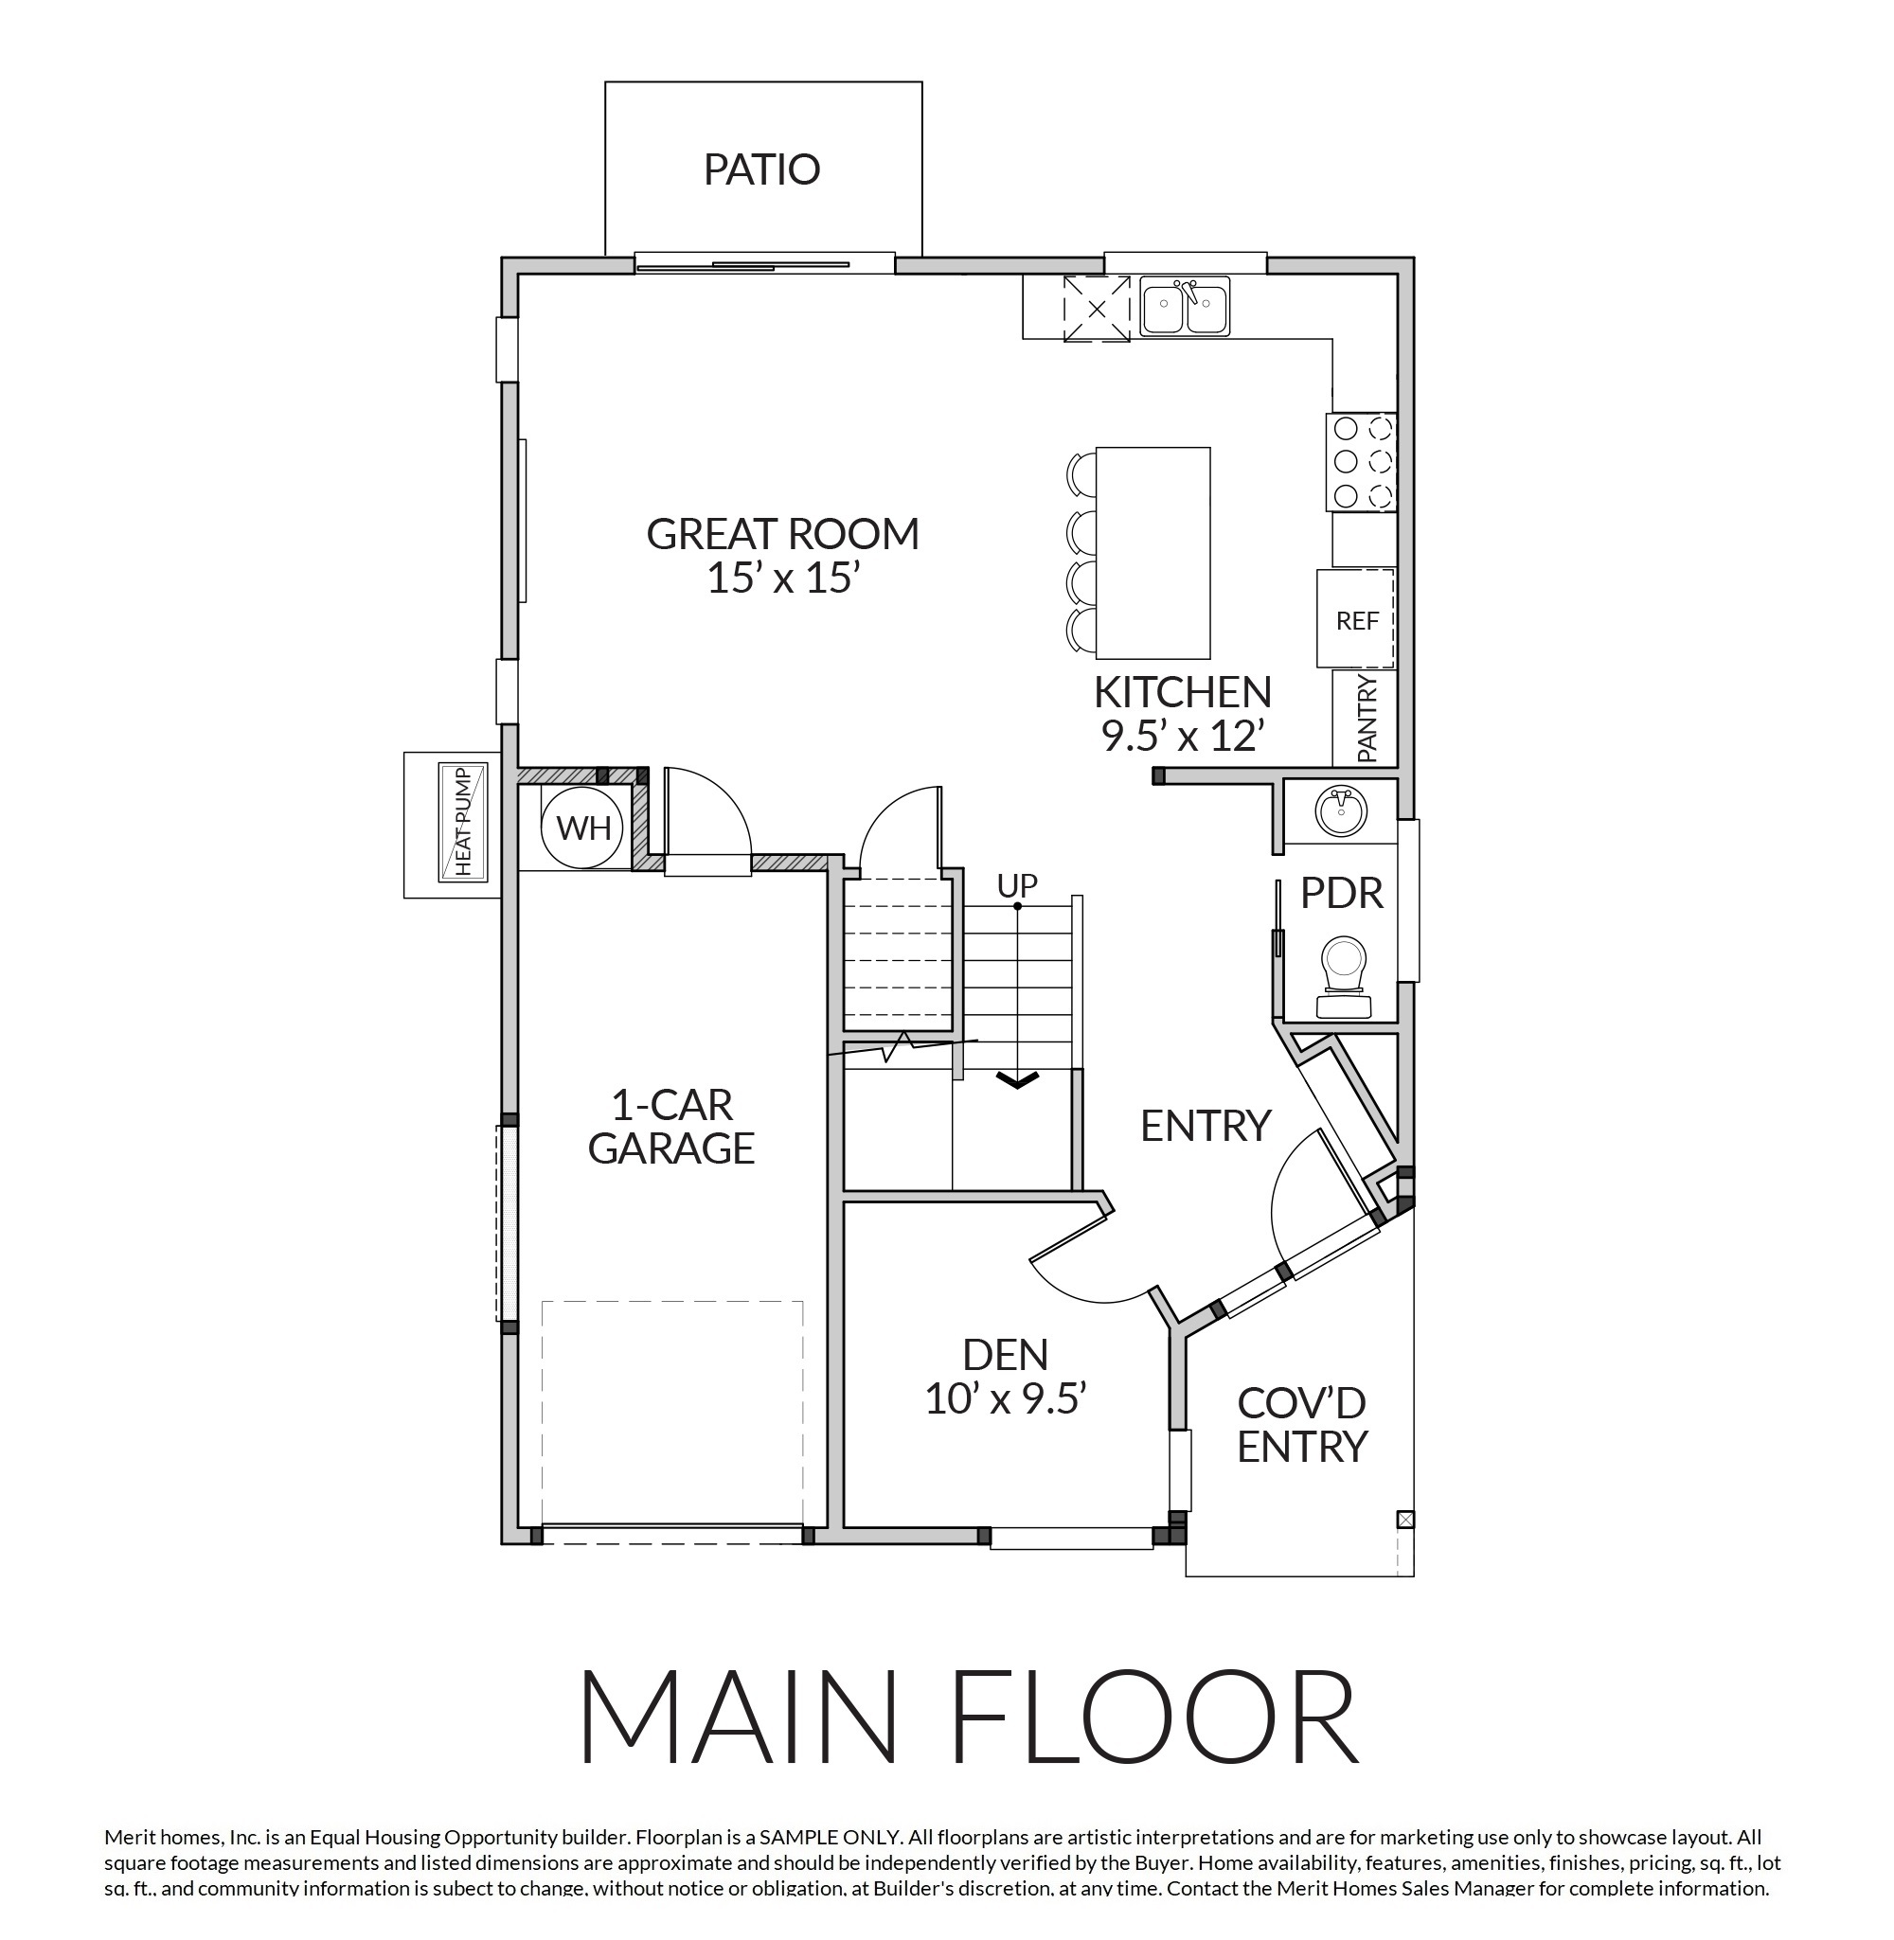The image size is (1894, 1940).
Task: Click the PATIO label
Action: point(762,169)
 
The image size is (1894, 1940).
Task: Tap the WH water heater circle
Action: point(583,827)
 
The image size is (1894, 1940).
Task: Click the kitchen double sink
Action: point(1184,308)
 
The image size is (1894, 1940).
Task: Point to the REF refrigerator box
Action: point(1356,618)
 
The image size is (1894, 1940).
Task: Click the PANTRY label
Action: point(1367,718)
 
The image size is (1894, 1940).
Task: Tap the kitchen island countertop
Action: point(1152,553)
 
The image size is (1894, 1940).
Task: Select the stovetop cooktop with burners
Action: point(1361,461)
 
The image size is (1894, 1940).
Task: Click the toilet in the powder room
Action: point(1343,977)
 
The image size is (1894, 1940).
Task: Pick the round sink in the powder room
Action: point(1340,811)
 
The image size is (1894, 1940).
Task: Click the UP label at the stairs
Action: point(1018,885)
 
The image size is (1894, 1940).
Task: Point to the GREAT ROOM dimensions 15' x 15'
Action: point(782,578)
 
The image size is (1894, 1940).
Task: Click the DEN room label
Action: point(1005,1354)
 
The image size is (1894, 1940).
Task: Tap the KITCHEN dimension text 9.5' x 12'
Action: point(1183,736)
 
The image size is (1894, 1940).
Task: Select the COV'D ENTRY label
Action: point(1301,1424)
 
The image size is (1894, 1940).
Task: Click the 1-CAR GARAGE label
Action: point(671,1127)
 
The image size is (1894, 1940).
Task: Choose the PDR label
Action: point(1342,894)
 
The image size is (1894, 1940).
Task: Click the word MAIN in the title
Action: point(738,1718)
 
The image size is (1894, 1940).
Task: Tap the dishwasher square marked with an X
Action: point(1097,309)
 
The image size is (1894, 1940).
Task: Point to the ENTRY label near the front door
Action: point(1206,1126)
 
